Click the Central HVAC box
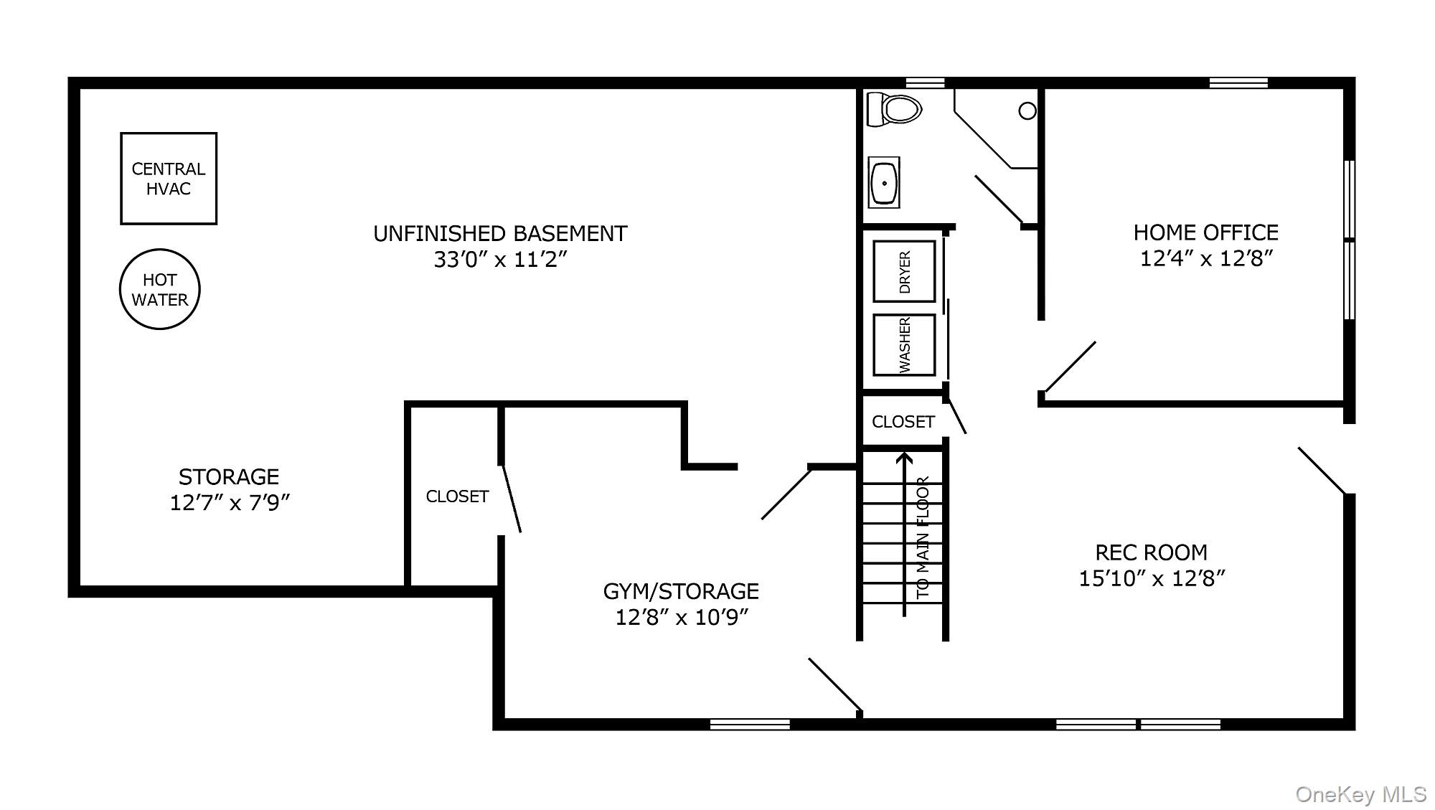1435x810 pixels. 169,179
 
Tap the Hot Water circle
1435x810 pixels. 159,290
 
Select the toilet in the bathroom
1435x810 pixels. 894,110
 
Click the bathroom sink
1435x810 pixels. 884,183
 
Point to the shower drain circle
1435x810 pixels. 1027,110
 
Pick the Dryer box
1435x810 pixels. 904,271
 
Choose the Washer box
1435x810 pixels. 904,345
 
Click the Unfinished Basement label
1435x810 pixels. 500,234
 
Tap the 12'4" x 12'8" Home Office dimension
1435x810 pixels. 1206,258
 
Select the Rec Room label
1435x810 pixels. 1151,552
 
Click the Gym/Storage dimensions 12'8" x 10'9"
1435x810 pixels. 682,617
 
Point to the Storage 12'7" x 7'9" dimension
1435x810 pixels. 230,502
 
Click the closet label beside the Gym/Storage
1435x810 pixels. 457,496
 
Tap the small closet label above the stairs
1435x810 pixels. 903,422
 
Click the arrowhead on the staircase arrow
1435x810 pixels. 905,457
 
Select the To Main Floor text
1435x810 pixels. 923,537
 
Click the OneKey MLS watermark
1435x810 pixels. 1360,794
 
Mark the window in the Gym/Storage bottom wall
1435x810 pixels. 750,725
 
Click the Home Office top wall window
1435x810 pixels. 1238,83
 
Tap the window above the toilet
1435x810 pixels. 925,83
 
